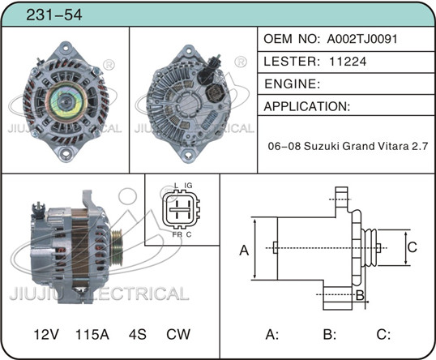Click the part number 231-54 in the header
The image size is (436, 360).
coord(54,15)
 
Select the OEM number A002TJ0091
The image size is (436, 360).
coord(362,39)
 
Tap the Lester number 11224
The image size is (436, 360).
coord(348,62)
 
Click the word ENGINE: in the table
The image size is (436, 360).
coord(293,84)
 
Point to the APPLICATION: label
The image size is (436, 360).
coord(307,106)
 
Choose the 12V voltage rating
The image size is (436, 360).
coord(46,334)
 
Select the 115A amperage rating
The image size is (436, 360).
coord(92,334)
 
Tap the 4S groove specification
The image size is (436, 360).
coord(137,334)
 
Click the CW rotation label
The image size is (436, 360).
coord(178,334)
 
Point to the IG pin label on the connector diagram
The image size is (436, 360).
coord(188,186)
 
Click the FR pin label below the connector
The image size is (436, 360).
coord(177,234)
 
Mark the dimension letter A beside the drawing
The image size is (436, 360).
coord(244,250)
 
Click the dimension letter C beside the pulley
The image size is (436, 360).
coord(412,246)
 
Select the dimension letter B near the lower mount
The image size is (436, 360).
coord(360,295)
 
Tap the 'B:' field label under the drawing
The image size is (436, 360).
coord(330,334)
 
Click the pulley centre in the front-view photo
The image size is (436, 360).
coord(66,102)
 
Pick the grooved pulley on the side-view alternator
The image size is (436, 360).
coord(117,248)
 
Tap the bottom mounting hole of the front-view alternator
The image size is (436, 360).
coord(66,153)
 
